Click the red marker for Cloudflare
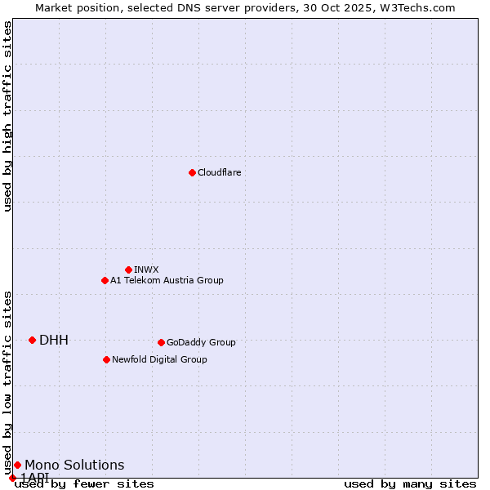pos(192,172)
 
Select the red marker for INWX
pos(128,269)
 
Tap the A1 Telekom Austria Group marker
pos(105,280)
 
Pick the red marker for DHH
pos(32,340)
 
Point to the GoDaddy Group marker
pos(161,342)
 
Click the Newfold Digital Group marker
pos(106,359)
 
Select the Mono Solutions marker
pos(17,465)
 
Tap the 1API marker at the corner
pos(12,478)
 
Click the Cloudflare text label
pos(219,172)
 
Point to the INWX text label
pos(146,269)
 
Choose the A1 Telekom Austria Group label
pos(167,280)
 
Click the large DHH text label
pos(54,340)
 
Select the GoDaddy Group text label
pos(201,342)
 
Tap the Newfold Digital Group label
pos(159,359)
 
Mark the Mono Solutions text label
pos(74,465)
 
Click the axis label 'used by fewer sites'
pos(84,483)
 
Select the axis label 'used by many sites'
pos(410,483)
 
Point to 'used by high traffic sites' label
pos(8,116)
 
